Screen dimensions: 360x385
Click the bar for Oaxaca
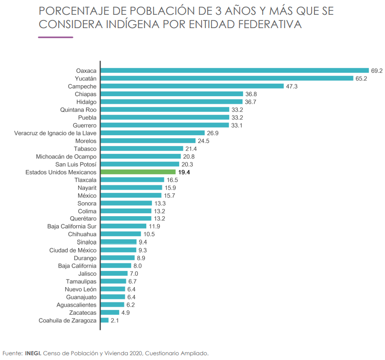coord(234,70)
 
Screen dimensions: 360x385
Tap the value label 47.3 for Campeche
coord(292,86)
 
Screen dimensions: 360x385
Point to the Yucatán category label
coord(86,79)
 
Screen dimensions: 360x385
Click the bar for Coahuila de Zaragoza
coord(104,320)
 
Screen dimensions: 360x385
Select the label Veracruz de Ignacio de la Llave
coord(56,133)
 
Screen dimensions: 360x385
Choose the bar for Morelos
coord(148,141)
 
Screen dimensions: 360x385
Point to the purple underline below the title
coord(55,38)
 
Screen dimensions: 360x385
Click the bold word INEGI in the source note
coord(33,353)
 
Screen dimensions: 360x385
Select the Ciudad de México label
coord(73,250)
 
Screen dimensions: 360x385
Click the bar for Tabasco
coord(142,149)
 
